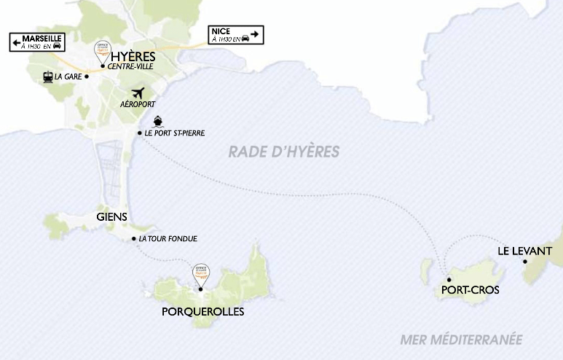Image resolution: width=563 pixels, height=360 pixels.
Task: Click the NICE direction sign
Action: pos(235,35)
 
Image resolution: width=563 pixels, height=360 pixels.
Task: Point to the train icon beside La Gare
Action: pos(47,75)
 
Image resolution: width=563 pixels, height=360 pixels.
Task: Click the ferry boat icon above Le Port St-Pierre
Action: pos(158,122)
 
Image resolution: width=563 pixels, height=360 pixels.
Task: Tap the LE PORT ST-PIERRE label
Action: pos(175,133)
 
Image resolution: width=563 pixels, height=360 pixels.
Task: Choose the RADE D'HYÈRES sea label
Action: pos(284,152)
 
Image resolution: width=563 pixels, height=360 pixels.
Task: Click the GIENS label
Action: pos(111,216)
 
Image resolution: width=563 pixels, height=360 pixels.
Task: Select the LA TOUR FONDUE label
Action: pos(168,239)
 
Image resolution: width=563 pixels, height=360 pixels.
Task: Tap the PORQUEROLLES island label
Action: pos(202,311)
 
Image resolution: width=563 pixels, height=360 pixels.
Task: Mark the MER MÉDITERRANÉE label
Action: pos(462,339)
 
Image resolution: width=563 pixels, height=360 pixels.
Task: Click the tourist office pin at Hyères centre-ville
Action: pos(102,50)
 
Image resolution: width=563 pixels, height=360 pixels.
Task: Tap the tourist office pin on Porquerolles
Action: pos(200,273)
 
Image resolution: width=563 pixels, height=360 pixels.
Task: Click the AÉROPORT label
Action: pos(138,104)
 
